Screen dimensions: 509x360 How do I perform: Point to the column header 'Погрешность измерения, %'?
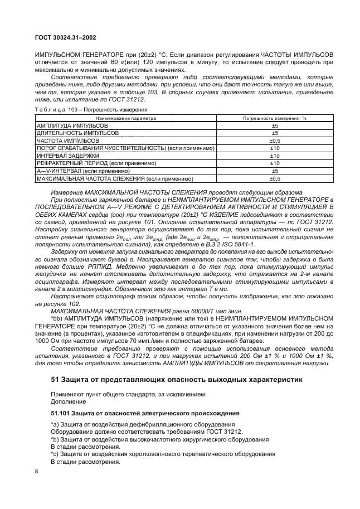(x=275, y=119)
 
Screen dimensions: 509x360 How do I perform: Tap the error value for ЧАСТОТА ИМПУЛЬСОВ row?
(x=275, y=141)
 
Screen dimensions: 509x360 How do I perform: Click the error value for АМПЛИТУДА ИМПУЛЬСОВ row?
(x=275, y=127)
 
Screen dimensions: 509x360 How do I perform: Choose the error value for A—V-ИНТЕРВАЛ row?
(x=275, y=170)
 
